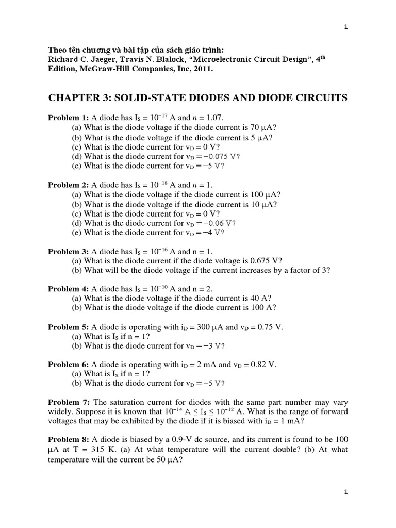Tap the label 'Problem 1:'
(68, 118)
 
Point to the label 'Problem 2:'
(68, 185)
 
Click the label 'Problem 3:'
(68, 252)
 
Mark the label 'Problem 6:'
(68, 365)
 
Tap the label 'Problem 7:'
(69, 402)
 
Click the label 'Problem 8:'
(69, 439)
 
